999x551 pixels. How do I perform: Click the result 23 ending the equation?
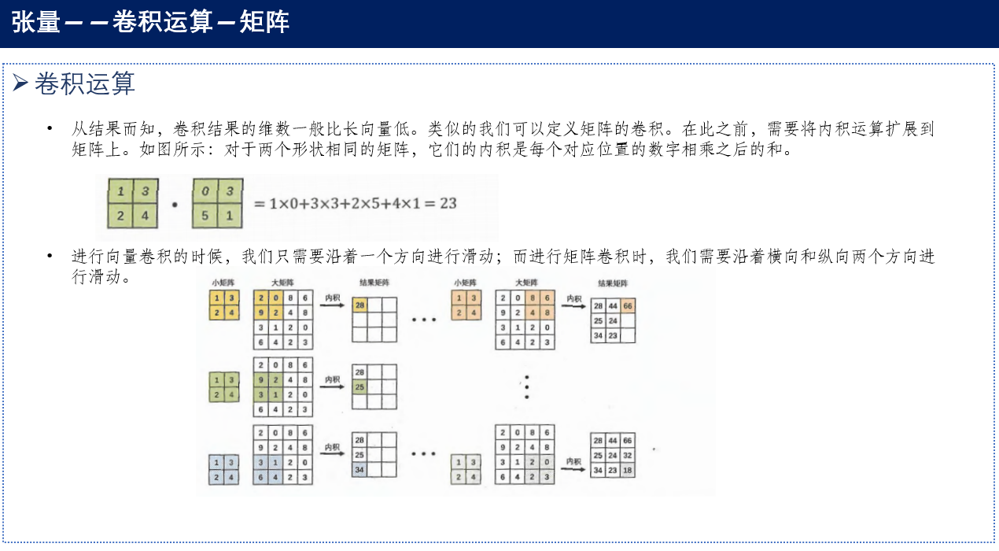(448, 203)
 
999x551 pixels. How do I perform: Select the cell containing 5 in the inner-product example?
(205, 216)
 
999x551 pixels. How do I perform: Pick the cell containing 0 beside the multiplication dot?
(205, 191)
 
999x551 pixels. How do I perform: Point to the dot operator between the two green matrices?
(174, 205)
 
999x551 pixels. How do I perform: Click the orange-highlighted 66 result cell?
(627, 305)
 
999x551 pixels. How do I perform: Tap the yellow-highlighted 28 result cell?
(360, 305)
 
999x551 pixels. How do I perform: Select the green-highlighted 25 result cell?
(360, 386)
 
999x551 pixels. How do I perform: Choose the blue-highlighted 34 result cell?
(360, 470)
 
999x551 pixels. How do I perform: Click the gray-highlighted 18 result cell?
(627, 470)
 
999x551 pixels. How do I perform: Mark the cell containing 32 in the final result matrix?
(627, 455)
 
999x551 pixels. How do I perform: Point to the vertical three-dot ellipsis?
(527, 386)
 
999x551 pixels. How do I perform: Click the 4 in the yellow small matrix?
(230, 312)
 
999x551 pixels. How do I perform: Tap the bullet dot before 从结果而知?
(50, 128)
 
